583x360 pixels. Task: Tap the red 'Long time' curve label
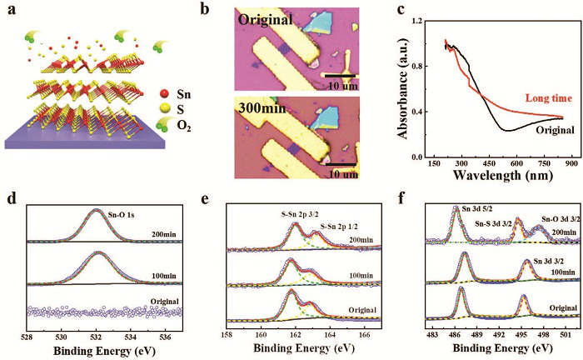click(x=525, y=98)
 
